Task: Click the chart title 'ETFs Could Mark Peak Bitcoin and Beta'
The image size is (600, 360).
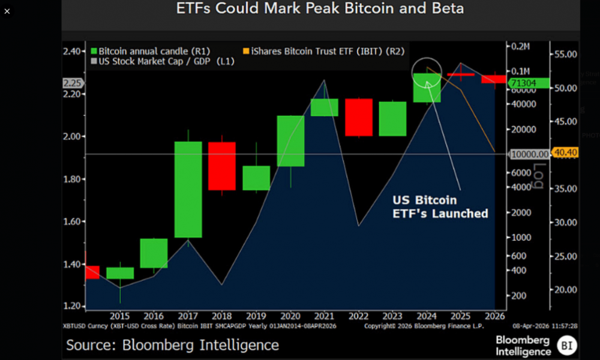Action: (x=320, y=9)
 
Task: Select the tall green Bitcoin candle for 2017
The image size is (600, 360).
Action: (x=188, y=189)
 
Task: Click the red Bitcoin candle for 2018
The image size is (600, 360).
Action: (x=222, y=166)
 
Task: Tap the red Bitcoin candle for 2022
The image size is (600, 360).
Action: (x=358, y=118)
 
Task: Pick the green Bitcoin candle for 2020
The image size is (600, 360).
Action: (x=290, y=141)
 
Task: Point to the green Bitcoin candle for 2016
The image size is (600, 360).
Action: (x=154, y=253)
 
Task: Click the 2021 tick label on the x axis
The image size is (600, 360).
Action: (x=324, y=316)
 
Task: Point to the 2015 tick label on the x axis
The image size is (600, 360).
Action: (x=119, y=316)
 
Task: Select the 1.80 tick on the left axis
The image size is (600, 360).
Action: (x=73, y=179)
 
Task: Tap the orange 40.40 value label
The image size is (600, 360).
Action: (x=564, y=153)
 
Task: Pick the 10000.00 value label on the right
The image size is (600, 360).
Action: (x=529, y=154)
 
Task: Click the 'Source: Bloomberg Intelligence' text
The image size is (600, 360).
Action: (x=172, y=345)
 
